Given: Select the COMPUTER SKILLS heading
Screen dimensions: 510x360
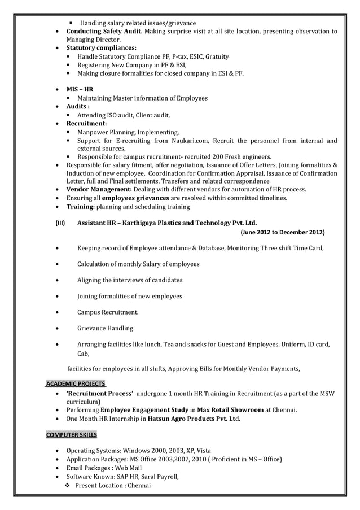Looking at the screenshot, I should [x=71, y=435].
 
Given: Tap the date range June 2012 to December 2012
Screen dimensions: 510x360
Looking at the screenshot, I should [x=282, y=232].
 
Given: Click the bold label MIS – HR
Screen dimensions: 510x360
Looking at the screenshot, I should [x=80, y=89].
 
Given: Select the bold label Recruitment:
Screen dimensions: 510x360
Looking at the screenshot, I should [x=86, y=123].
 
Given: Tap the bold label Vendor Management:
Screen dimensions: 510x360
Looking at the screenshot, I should [x=99, y=190].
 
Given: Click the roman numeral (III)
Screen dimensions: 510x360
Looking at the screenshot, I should [x=59, y=223].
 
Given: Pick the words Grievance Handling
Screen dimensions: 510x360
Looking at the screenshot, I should [x=105, y=328].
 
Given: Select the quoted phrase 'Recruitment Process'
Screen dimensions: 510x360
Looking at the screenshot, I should [x=99, y=393].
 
